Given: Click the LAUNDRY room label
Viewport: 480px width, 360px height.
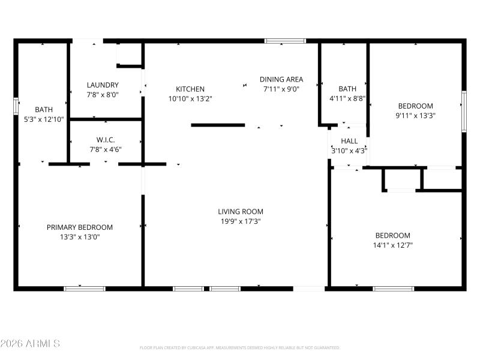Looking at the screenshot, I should coord(103,85).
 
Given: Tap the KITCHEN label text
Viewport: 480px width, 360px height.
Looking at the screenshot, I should coord(190,89).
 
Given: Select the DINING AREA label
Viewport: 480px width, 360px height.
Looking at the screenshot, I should coord(281,79).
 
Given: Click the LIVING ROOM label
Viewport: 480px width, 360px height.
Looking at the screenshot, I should coord(240,211).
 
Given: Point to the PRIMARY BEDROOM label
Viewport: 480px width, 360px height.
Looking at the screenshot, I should coord(80,227).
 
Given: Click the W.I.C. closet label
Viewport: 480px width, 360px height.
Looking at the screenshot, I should coord(105,140).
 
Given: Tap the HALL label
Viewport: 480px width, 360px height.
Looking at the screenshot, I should coord(349,141).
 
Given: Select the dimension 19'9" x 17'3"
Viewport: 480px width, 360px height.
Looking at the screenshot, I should coord(240,221).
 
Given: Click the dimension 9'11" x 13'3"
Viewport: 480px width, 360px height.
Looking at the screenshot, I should coord(415,115).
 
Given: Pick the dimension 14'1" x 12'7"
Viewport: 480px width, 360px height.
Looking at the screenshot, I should coord(393,245).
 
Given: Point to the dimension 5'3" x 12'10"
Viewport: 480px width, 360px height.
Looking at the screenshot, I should coord(43,119).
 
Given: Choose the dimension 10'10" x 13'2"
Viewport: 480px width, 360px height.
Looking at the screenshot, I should coord(190,98).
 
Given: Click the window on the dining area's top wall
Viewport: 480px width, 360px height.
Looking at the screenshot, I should coord(286,41).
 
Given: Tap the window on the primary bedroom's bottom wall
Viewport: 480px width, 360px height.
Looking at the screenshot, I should coord(85,289).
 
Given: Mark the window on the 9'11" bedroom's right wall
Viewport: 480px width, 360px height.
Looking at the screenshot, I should coord(463,111).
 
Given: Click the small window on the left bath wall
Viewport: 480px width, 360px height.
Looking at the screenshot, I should coord(16,106).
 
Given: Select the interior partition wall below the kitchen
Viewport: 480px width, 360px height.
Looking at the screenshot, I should coord(218,125).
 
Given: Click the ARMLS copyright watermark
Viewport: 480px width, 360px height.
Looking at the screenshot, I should coord(30,344).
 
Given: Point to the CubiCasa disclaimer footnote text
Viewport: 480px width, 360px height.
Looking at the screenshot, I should coord(240,347).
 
